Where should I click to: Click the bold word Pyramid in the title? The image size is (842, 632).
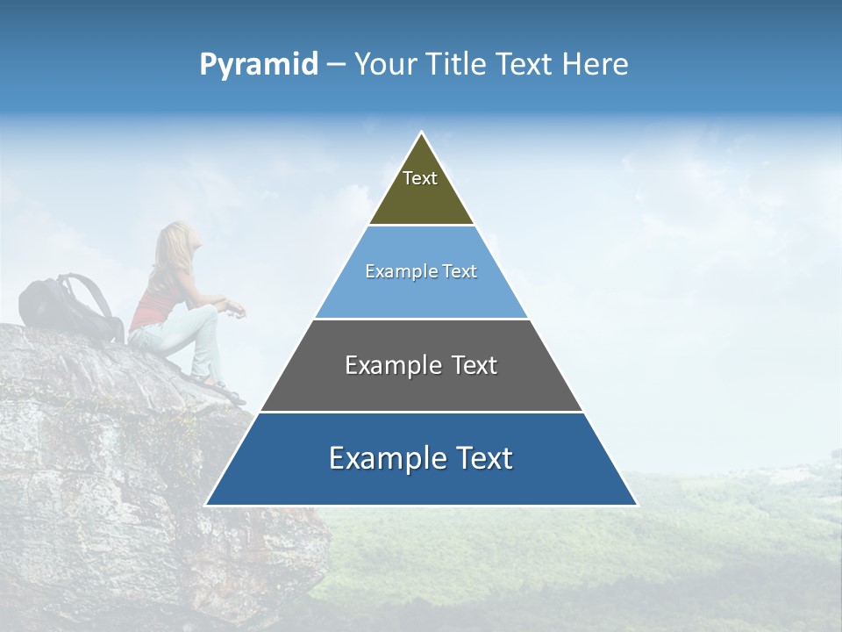click(x=259, y=65)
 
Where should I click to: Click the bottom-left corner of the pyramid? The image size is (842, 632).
click(x=208, y=505)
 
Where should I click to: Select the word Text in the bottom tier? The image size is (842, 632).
click(x=482, y=458)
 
